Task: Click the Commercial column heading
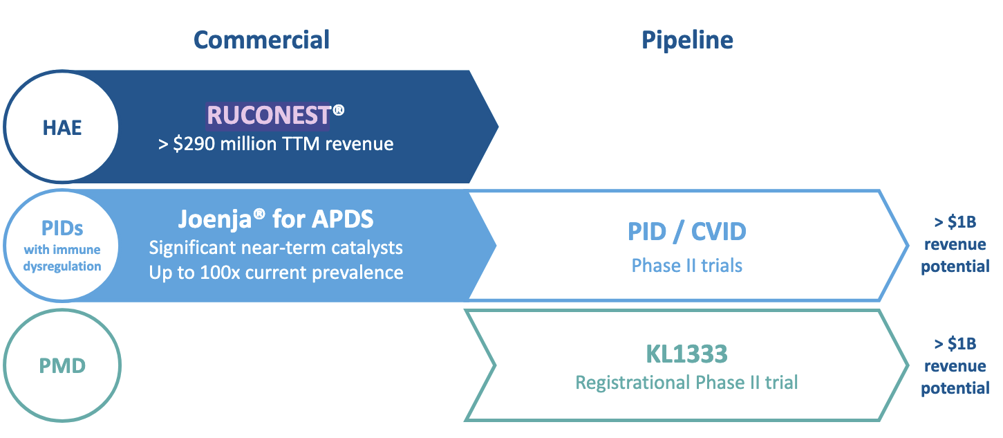click(x=261, y=39)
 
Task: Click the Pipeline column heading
click(x=687, y=39)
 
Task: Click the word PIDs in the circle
click(x=62, y=229)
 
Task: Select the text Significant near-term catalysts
click(x=276, y=247)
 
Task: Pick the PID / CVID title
click(x=687, y=231)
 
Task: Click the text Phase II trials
click(x=687, y=265)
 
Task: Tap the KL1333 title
click(x=687, y=354)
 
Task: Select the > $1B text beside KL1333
click(x=955, y=344)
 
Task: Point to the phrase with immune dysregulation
click(x=62, y=258)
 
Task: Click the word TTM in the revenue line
click(x=301, y=144)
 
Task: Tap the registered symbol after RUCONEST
click(x=339, y=109)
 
